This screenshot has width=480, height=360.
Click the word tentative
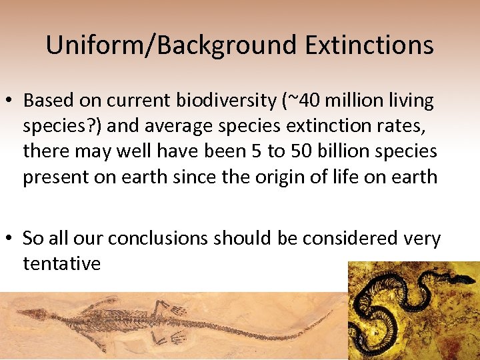[61, 263]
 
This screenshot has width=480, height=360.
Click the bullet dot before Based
[12, 101]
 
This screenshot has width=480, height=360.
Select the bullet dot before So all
[12, 239]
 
